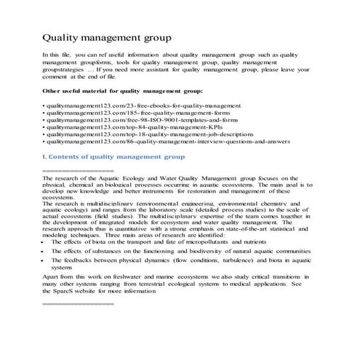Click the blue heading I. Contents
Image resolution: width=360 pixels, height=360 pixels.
click(113, 156)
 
